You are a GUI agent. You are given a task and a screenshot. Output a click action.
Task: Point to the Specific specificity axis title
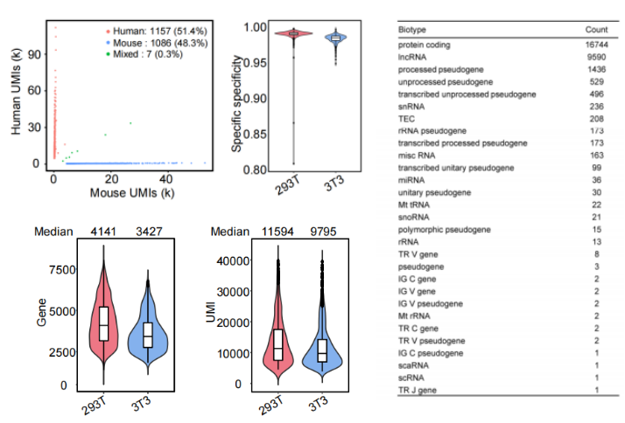pos(235,101)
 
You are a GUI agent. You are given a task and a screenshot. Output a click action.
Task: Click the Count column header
pos(596,30)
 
